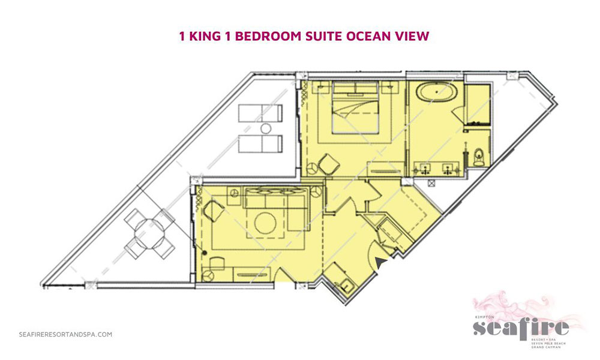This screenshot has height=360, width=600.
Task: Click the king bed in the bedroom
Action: (355, 111)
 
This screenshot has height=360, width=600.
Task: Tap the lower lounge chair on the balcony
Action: (259, 144)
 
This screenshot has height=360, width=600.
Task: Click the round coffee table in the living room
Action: (265, 223)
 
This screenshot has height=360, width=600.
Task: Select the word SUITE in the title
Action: (319, 36)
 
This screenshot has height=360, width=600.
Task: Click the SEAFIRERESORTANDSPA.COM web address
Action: (65, 335)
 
